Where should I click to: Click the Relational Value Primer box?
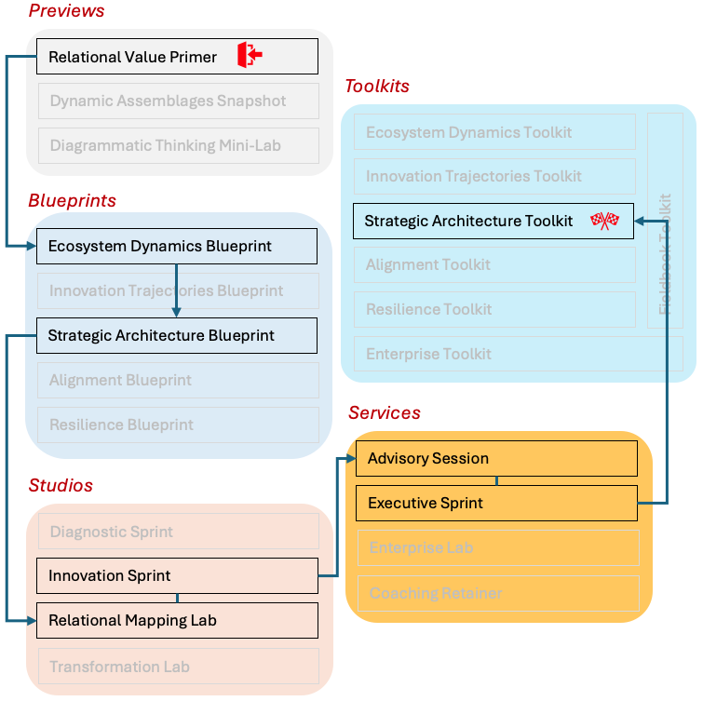coord(177,57)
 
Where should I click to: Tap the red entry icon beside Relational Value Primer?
coord(249,56)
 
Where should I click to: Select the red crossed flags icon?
coord(604,221)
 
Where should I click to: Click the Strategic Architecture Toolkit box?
coord(493,222)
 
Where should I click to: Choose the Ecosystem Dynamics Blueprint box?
coord(177,247)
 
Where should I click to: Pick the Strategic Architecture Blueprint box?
coord(177,335)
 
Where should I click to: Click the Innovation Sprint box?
coord(177,575)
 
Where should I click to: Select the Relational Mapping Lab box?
coord(177,620)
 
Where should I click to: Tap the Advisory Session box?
coord(496,458)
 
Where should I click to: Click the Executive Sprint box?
coord(496,503)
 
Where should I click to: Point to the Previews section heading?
coord(66,11)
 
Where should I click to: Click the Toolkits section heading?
coord(377,87)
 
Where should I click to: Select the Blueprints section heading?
coord(72,201)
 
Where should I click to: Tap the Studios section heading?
coord(61,486)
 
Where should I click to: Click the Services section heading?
coord(385,412)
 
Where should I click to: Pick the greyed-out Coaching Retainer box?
coord(497,593)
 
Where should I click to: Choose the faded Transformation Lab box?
coord(177,667)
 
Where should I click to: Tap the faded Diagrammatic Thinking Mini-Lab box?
coord(177,145)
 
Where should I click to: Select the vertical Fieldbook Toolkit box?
coord(665,222)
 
